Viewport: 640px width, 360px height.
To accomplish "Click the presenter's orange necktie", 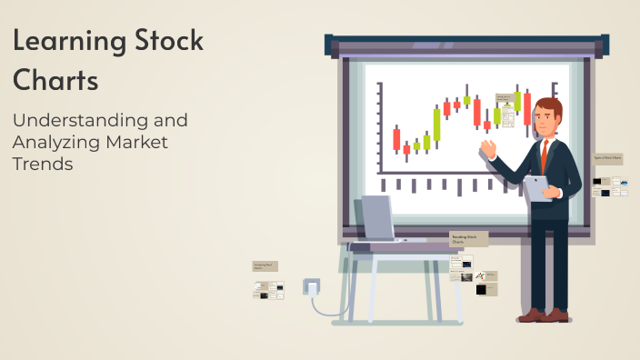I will coord(545,155).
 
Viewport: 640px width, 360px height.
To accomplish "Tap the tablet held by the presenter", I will coord(535,186).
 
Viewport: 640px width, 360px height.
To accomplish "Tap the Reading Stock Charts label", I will coord(468,239).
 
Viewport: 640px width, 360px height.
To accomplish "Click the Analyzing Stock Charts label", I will coord(265,266).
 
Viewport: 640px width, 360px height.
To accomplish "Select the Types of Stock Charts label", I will coord(608,158).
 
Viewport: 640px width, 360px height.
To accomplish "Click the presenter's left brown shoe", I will coord(531,315).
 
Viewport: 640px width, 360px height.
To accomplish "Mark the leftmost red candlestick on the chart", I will coord(396,139).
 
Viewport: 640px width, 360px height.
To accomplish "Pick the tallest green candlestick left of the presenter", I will coord(436,125).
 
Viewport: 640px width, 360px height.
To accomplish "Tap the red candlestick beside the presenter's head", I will coord(527,108).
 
